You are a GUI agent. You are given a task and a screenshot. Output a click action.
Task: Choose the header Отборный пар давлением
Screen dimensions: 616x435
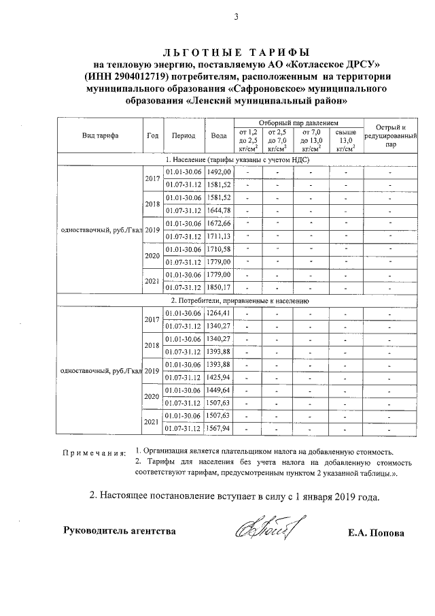[299, 123]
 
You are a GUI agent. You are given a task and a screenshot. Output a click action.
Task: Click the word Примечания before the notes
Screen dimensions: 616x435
[94, 453]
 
